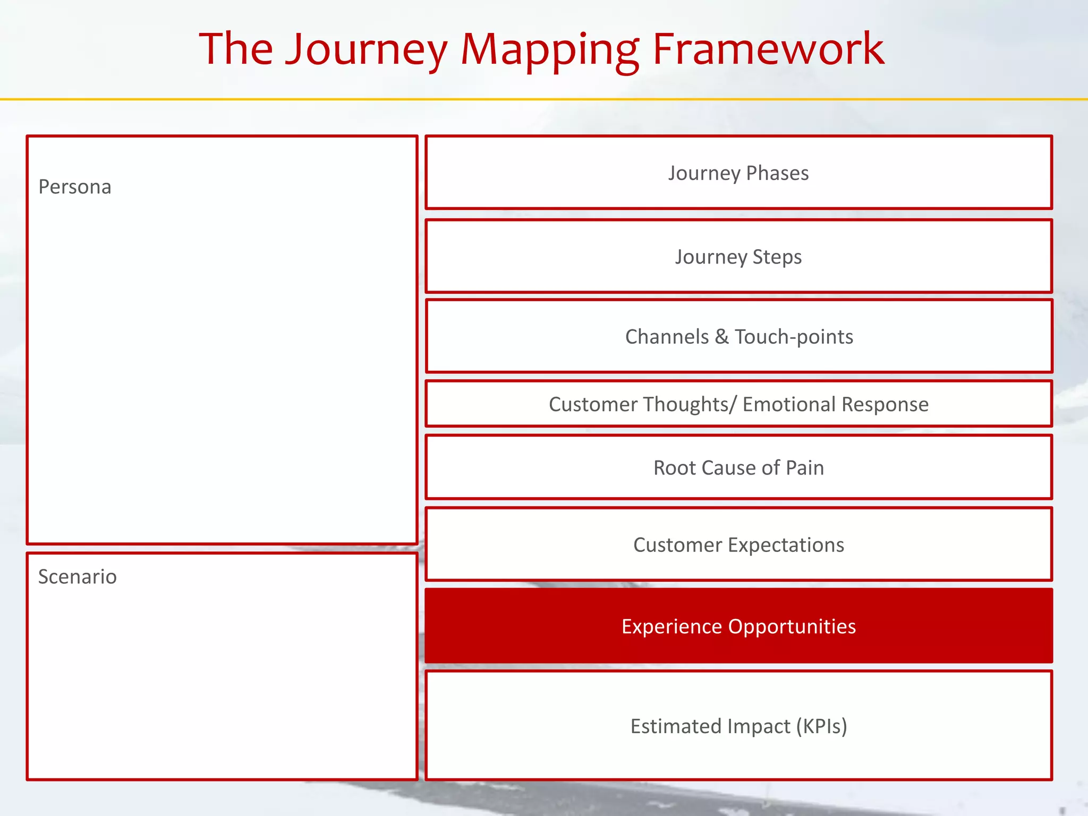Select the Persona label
pyautogui.click(x=75, y=187)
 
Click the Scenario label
pyautogui.click(x=78, y=577)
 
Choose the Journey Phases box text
pyautogui.click(x=738, y=173)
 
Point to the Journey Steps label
pyautogui.click(x=738, y=257)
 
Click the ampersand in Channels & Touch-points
pyautogui.click(x=721, y=337)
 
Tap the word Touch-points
pyautogui.click(x=794, y=337)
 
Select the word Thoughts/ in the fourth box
pyautogui.click(x=679, y=404)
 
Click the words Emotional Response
pyautogui.click(x=835, y=404)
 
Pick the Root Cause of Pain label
pyautogui.click(x=738, y=468)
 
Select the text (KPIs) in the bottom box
pyautogui.click(x=821, y=726)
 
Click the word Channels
pyautogui.click(x=667, y=337)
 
